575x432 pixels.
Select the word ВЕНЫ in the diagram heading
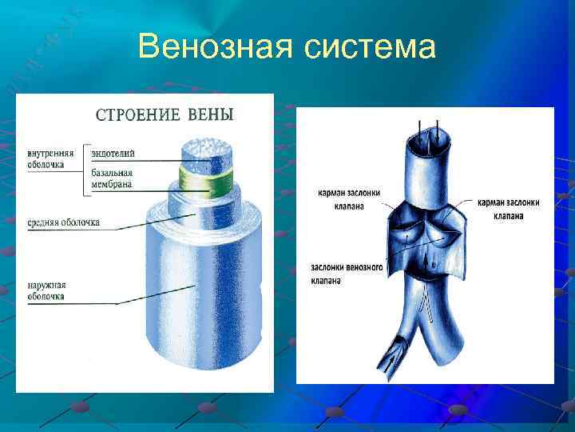click(x=211, y=115)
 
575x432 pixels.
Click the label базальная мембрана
click(x=112, y=178)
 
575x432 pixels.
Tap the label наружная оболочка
click(x=46, y=290)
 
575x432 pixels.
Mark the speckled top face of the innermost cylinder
click(x=207, y=150)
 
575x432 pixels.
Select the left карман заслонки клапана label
click(x=349, y=199)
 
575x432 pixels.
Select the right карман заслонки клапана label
click(x=508, y=209)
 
